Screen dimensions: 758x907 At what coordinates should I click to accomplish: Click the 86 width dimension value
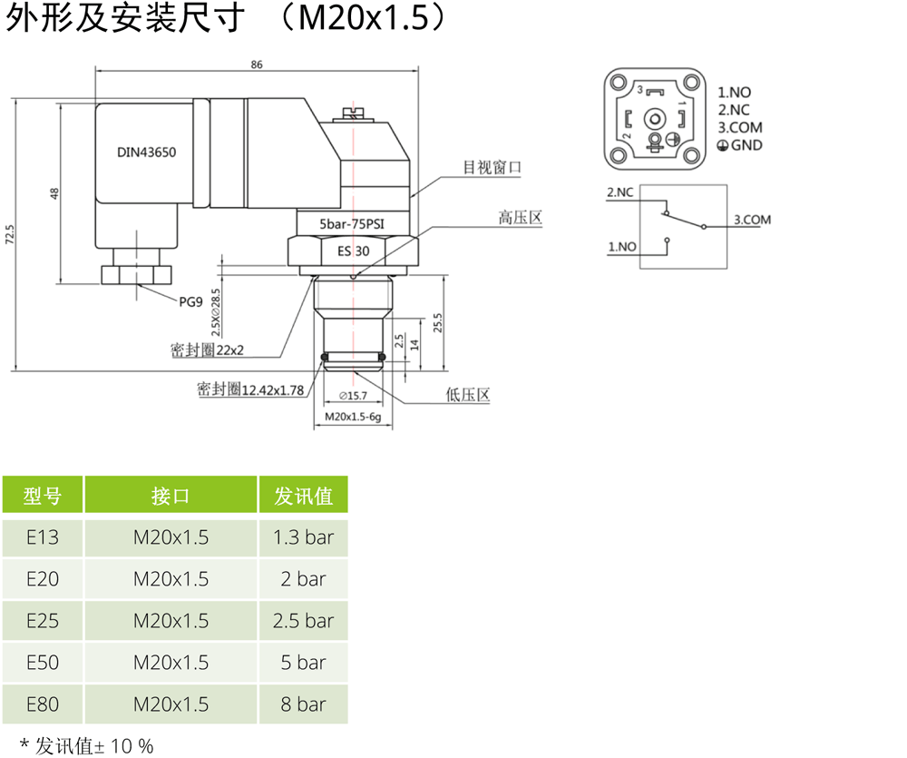(257, 64)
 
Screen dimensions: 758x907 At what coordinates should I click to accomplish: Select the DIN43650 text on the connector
(146, 153)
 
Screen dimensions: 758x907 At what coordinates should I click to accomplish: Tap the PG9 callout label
(190, 302)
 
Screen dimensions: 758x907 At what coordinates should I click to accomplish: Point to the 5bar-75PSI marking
(353, 222)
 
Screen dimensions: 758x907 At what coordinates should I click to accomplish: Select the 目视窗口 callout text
(493, 167)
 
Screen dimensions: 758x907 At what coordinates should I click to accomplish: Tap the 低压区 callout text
(468, 395)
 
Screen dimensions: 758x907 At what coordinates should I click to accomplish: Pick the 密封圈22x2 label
(208, 349)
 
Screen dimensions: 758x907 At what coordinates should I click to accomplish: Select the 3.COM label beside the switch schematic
(752, 220)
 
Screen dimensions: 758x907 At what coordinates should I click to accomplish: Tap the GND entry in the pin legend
(746, 145)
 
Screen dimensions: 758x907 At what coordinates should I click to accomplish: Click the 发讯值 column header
(304, 496)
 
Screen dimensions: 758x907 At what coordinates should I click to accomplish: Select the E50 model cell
(43, 663)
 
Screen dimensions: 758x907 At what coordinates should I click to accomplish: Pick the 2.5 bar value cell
(304, 621)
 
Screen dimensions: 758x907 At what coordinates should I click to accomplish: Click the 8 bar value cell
(304, 704)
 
